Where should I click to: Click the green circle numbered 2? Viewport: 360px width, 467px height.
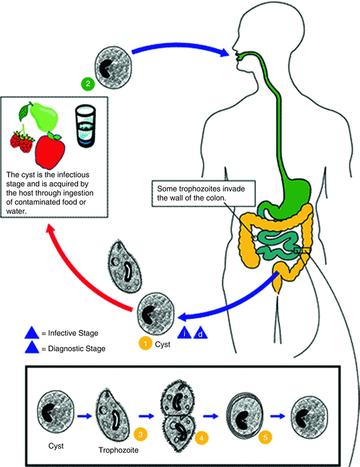tap(88, 83)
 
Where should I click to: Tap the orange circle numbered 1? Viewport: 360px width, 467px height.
tap(145, 343)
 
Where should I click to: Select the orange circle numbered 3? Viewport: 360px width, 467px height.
tap(141, 434)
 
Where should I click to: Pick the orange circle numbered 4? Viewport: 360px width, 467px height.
tap(202, 438)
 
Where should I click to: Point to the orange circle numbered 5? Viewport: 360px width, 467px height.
tap(266, 437)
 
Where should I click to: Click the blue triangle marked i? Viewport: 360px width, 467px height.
tap(184, 332)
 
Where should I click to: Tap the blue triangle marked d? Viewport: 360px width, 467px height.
tap(201, 333)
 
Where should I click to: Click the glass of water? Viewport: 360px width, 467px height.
tap(85, 126)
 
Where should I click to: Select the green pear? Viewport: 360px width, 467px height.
tap(42, 116)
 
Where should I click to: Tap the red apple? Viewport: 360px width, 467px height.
tap(49, 150)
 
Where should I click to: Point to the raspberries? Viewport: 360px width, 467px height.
tap(21, 141)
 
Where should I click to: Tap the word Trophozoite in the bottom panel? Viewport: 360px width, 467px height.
tap(118, 449)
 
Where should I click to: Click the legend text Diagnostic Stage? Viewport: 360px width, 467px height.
tap(77, 348)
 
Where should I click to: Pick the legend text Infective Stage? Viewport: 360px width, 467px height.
tap(73, 333)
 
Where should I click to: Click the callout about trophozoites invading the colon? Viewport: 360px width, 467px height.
tap(204, 193)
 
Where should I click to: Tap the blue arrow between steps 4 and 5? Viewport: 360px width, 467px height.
tap(211, 416)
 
